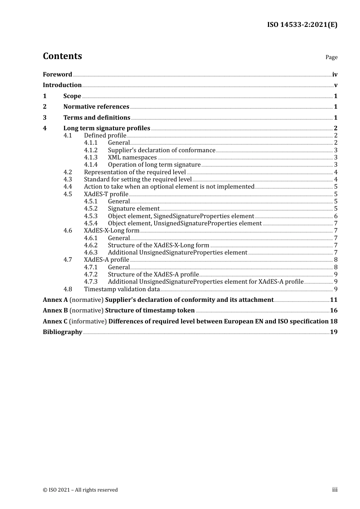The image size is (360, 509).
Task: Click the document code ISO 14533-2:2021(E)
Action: point(302,25)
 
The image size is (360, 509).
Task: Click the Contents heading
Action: point(62,56)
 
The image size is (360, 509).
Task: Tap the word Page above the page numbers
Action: point(331,57)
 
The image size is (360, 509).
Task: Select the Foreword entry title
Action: point(57,75)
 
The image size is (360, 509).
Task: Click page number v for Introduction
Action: point(335,85)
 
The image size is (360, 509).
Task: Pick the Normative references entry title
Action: point(96,107)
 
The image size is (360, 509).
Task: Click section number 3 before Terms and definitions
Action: point(45,118)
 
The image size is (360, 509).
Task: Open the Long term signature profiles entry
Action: point(106,128)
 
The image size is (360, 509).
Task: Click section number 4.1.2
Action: point(91,150)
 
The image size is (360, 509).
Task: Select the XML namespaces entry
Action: point(132,158)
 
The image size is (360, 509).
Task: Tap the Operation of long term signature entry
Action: point(154,165)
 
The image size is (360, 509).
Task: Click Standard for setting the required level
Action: point(138,180)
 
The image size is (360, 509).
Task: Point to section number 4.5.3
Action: point(91,216)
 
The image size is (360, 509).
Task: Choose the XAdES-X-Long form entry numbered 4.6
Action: point(111,231)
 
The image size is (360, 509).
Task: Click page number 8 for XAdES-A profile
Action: point(336,260)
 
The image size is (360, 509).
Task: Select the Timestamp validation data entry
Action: point(122,289)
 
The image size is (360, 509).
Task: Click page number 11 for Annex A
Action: point(333,300)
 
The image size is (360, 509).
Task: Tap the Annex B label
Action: point(55,311)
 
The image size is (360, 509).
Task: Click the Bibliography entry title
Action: point(63,332)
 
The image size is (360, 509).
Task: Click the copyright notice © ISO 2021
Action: point(80,490)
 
